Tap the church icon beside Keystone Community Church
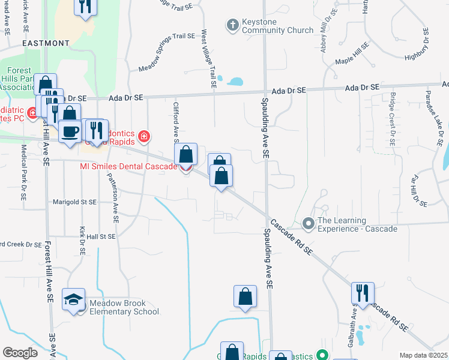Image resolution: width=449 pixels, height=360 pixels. tap(232, 25)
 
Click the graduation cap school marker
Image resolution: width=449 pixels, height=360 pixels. tap(74, 300)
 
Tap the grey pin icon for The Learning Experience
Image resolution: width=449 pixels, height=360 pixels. tap(309, 224)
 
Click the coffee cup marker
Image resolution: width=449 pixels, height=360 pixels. tap(70, 131)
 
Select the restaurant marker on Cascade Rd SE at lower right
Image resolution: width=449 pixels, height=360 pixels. tap(363, 293)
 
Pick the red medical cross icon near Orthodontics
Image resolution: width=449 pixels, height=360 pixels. tap(143, 137)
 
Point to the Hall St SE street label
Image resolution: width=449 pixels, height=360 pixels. tap(100, 237)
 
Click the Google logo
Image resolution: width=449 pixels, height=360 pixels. tap(20, 353)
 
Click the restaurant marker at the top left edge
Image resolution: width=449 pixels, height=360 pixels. tap(85, 6)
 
